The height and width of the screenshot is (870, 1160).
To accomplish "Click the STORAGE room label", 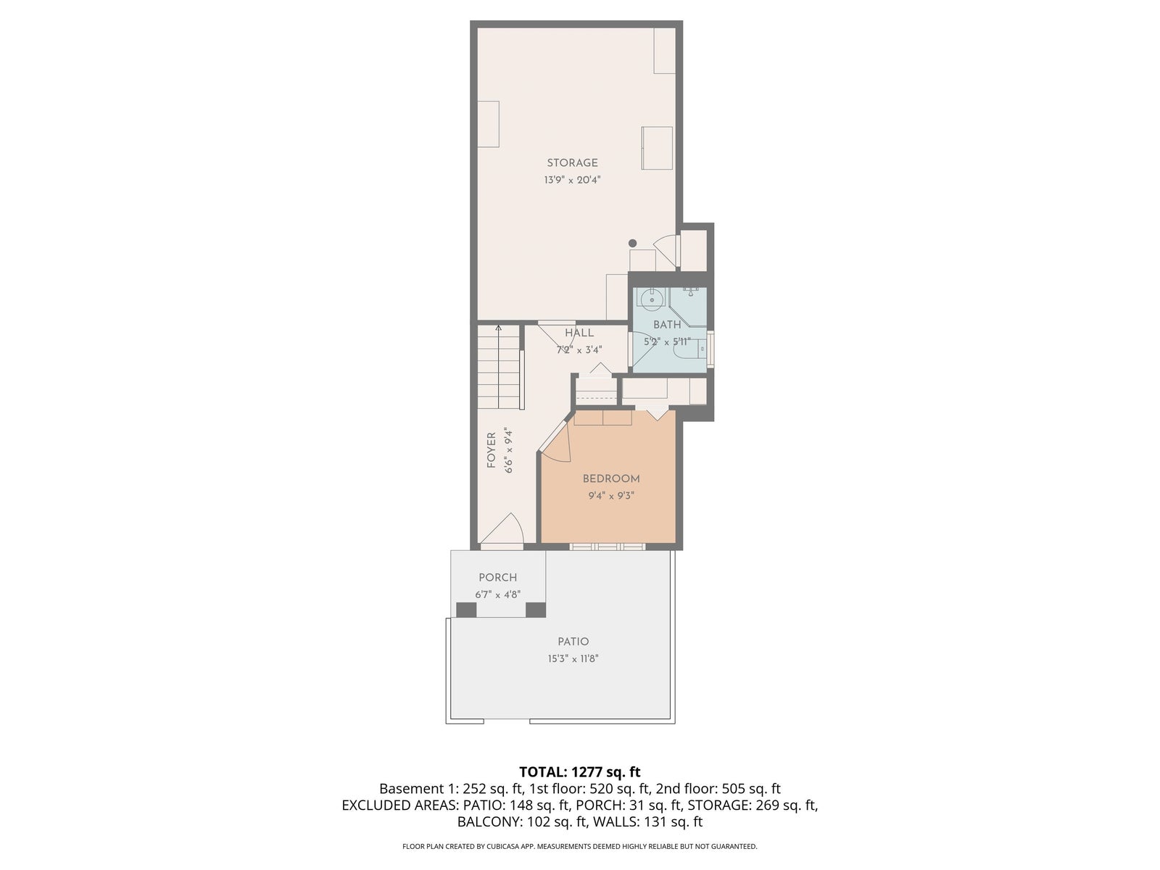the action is [x=572, y=163].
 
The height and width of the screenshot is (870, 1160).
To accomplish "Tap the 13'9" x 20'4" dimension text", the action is [x=572, y=180].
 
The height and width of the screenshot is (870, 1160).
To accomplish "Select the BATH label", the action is [x=667, y=325].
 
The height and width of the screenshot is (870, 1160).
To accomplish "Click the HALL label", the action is [x=579, y=333].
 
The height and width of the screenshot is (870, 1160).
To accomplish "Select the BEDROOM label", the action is [x=611, y=479].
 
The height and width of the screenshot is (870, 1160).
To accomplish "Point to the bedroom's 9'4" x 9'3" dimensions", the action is [x=611, y=496].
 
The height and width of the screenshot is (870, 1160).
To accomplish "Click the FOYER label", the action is [x=492, y=450].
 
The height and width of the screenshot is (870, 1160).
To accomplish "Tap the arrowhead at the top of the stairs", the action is [x=498, y=328].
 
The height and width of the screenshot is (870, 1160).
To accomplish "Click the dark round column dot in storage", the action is [x=633, y=243].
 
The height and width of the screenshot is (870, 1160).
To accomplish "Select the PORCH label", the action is [x=498, y=578].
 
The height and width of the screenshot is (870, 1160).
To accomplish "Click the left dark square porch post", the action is [x=466, y=610].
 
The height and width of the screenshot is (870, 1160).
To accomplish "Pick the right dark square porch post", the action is [x=535, y=610].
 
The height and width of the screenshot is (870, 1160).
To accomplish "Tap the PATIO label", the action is [x=573, y=642].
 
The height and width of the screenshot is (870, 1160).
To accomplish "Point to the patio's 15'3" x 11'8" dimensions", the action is [x=573, y=659].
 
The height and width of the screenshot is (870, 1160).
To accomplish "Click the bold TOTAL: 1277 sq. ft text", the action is [x=580, y=772].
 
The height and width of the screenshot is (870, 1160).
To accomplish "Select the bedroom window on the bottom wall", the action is [x=608, y=547].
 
